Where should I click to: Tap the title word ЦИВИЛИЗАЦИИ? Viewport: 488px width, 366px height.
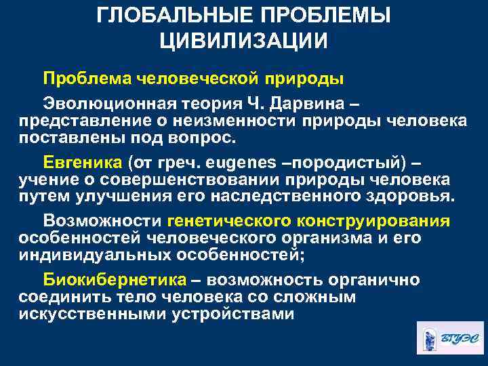point(243,40)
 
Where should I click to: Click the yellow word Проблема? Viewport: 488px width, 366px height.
point(86,78)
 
